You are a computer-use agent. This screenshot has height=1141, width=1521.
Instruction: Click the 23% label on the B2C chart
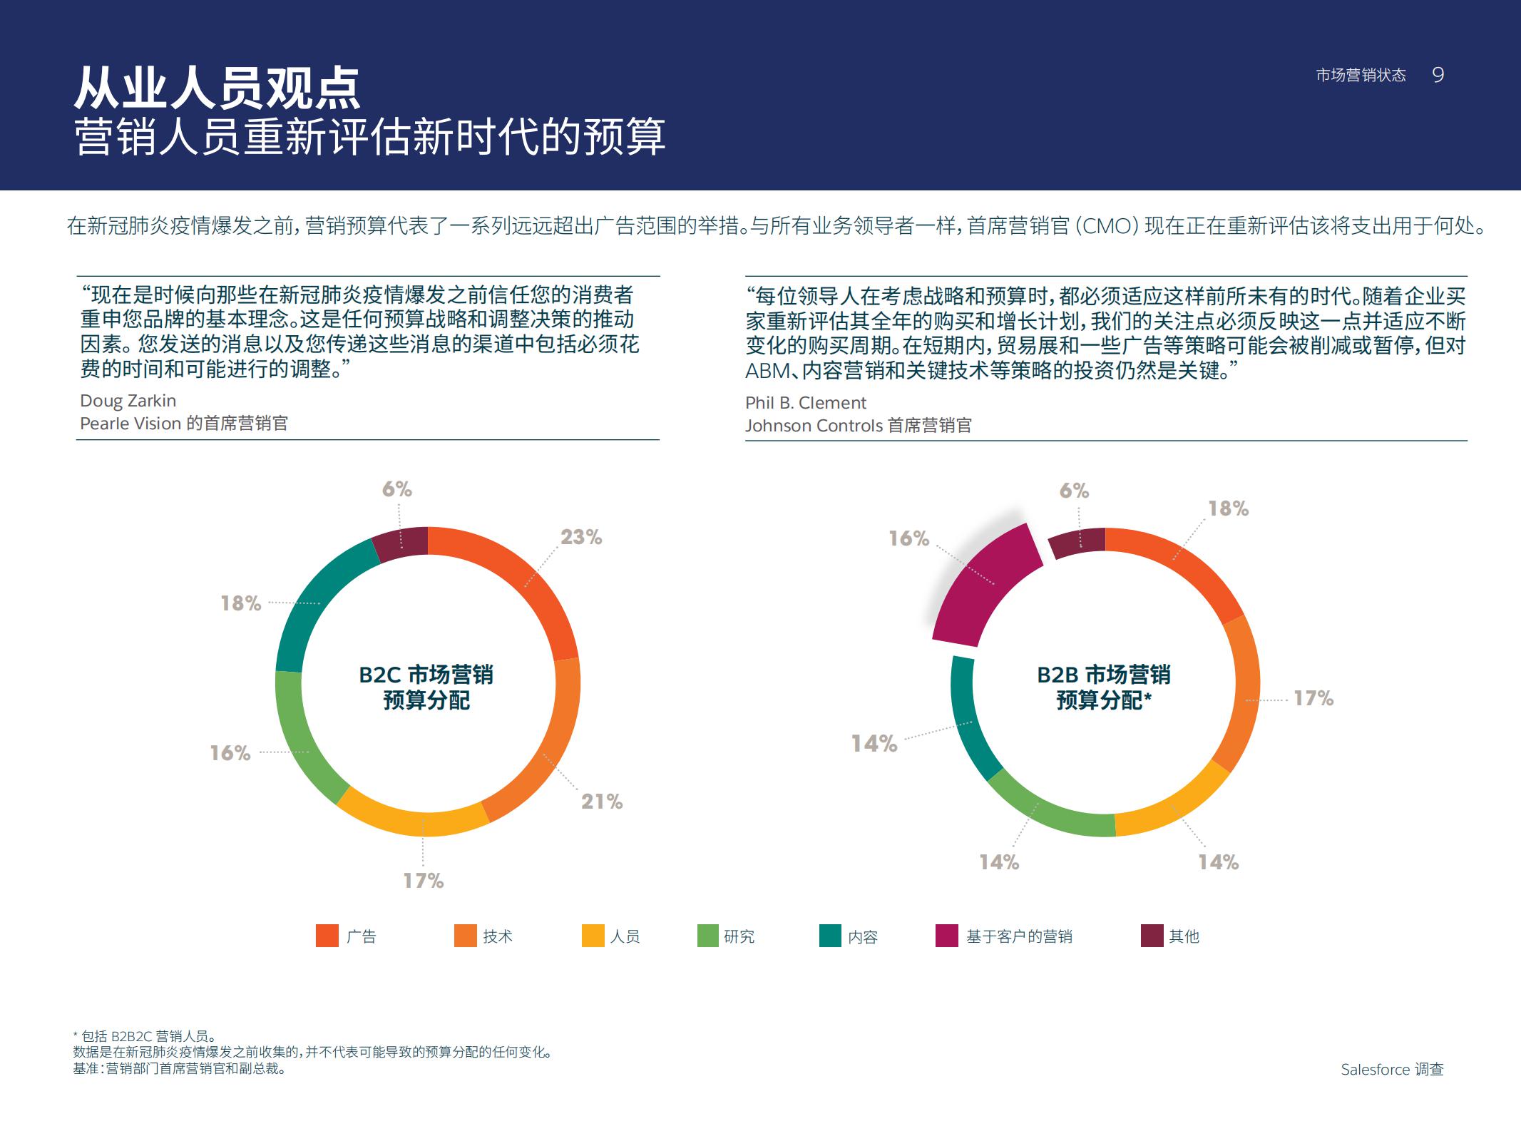pyautogui.click(x=580, y=537)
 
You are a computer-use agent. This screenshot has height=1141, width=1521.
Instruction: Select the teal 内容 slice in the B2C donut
pyautogui.click(x=314, y=606)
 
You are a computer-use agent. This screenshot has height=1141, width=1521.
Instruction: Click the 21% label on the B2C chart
pyautogui.click(x=601, y=802)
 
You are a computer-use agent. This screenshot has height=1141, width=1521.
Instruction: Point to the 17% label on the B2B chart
pyautogui.click(x=1313, y=698)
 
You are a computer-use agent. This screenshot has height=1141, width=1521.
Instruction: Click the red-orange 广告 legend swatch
pyautogui.click(x=327, y=936)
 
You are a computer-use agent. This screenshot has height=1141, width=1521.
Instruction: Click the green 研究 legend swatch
pyautogui.click(x=707, y=936)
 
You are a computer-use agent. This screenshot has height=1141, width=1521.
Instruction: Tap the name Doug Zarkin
pyautogui.click(x=128, y=401)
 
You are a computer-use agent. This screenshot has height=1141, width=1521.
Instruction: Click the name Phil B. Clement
pyautogui.click(x=805, y=403)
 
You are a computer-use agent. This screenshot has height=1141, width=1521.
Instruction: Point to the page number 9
pyautogui.click(x=1438, y=75)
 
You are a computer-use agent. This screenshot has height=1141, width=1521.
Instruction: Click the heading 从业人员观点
pyautogui.click(x=217, y=88)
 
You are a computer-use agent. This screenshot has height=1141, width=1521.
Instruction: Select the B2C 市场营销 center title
pyautogui.click(x=426, y=675)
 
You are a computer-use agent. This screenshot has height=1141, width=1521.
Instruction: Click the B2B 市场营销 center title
pyautogui.click(x=1103, y=675)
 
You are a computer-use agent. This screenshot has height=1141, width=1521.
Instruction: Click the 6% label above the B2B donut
pyautogui.click(x=1073, y=491)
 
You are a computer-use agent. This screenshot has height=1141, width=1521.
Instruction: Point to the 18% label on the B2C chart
pyautogui.click(x=241, y=603)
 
